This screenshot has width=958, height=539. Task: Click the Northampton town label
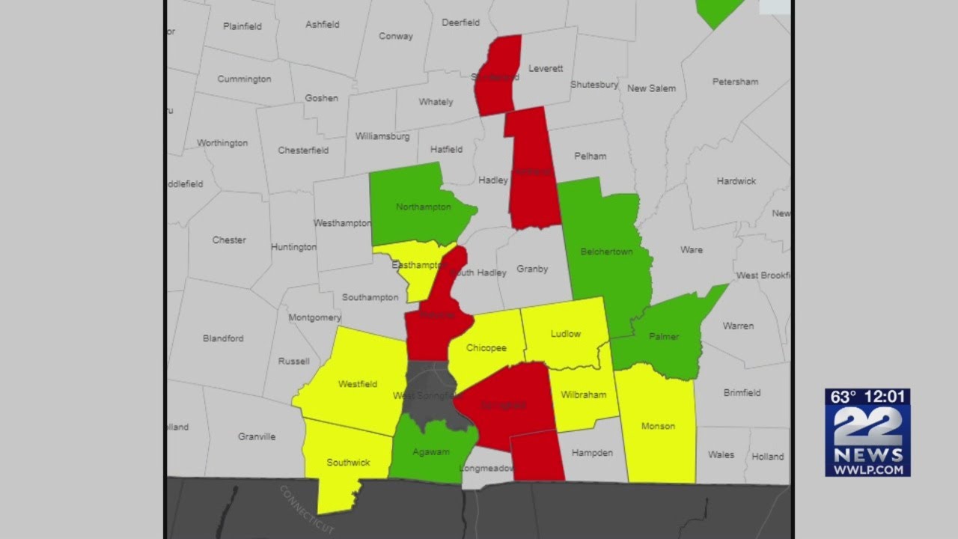(423, 207)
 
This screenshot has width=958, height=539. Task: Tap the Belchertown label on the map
(606, 252)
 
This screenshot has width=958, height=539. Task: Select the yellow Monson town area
(658, 434)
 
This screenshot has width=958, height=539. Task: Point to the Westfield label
(358, 384)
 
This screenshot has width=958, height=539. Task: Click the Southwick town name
(348, 463)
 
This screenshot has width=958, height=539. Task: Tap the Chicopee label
(486, 348)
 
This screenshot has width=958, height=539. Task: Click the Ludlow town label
(565, 334)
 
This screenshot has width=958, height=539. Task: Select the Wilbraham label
(583, 395)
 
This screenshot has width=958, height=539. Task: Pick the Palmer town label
(664, 337)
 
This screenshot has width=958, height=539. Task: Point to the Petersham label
(735, 82)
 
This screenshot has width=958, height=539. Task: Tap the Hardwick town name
(736, 181)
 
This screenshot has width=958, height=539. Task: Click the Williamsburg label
(382, 136)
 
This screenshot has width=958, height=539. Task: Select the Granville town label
(257, 436)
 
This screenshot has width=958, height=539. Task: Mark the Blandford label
(223, 338)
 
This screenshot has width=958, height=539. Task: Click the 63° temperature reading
(843, 397)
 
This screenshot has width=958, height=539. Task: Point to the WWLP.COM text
(867, 469)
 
